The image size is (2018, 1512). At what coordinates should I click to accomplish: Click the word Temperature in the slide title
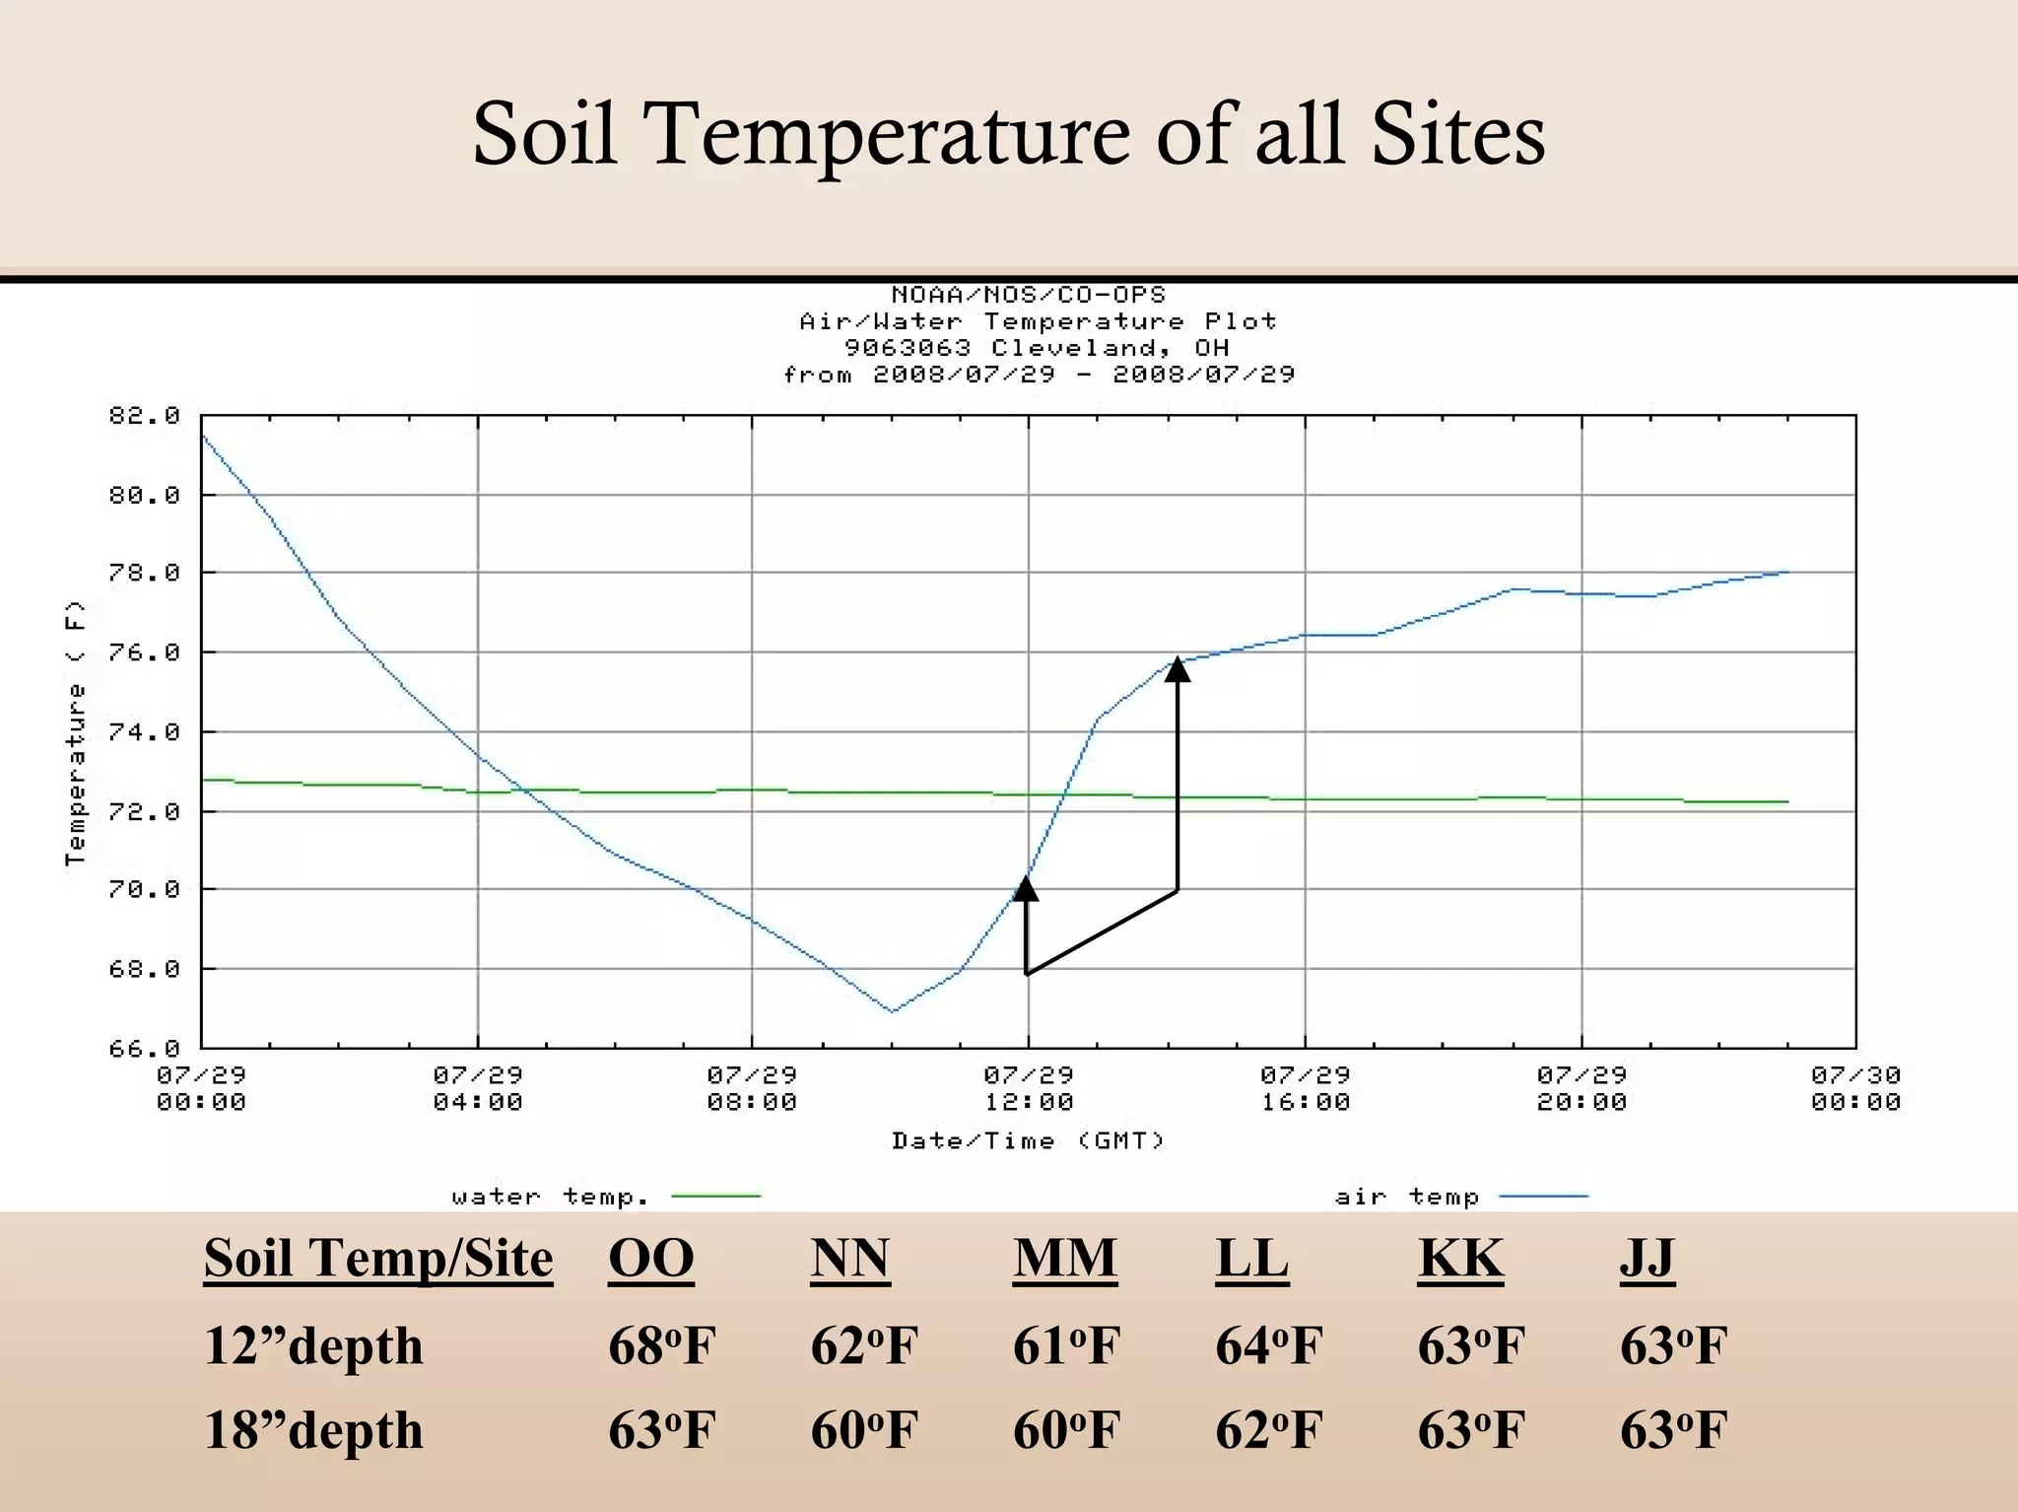tap(889, 134)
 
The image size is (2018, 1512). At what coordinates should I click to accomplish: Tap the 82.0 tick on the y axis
tap(144, 416)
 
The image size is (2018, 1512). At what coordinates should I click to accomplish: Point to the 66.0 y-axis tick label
tap(144, 1049)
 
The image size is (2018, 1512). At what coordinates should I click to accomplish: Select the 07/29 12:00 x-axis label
tap(1029, 1088)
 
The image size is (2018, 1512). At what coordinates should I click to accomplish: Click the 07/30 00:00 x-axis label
tap(1855, 1088)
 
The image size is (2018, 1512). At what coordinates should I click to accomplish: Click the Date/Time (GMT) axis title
tap(1028, 1140)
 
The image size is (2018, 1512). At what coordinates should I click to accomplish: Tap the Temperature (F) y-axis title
tap(75, 733)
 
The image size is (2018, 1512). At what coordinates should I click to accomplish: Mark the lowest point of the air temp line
tap(893, 1011)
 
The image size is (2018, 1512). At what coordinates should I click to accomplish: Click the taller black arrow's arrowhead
tap(1177, 669)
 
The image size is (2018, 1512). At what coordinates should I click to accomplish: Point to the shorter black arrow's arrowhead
tap(1026, 888)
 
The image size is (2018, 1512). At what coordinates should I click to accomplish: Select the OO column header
tap(651, 1258)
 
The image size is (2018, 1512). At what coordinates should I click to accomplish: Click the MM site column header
tap(1065, 1258)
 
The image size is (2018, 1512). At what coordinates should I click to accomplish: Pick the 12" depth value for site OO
tap(661, 1345)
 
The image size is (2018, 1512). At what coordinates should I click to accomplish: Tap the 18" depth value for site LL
tap(1268, 1430)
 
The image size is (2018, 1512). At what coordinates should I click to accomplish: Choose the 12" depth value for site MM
tap(1066, 1345)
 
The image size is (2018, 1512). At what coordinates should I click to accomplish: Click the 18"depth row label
tap(313, 1430)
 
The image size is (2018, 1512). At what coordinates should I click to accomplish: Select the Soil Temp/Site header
tap(378, 1258)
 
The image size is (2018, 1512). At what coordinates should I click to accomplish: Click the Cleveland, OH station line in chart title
tap(1037, 348)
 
